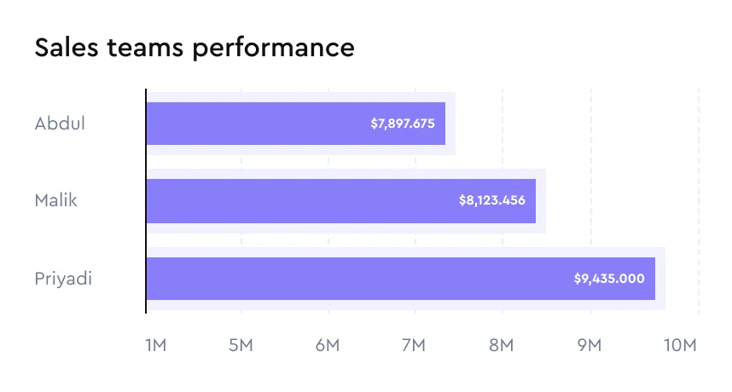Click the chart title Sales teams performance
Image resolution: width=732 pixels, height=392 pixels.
[195, 48]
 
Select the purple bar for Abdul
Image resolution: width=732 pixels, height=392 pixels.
[256, 124]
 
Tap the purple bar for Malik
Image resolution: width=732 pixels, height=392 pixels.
[299, 201]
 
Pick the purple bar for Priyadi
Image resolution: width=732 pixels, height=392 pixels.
[358, 279]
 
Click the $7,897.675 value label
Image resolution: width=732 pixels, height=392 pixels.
[403, 124]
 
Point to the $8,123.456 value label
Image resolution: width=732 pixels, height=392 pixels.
[491, 201]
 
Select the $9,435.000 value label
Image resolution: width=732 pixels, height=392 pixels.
[609, 279]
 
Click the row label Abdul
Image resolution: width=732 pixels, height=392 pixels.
[60, 124]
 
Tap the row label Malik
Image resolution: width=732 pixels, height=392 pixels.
[56, 201]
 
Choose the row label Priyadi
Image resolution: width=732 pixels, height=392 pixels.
[63, 279]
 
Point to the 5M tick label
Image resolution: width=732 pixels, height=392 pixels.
[241, 345]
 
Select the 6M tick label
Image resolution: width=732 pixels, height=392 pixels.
[328, 345]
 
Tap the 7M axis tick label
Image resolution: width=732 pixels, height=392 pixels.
[414, 345]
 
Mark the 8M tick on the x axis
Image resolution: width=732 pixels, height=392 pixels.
[502, 345]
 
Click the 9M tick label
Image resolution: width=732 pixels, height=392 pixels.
[590, 345]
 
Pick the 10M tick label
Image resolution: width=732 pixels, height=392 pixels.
[681, 345]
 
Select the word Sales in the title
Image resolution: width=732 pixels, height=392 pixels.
[64, 48]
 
